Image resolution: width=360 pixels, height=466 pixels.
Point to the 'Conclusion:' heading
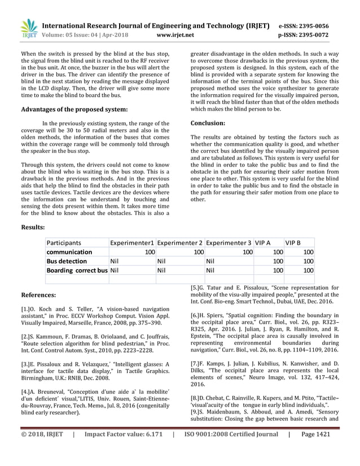coord(208,122)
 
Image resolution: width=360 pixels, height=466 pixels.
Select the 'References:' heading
coord(38,294)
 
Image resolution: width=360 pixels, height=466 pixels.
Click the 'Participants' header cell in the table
coord(64,243)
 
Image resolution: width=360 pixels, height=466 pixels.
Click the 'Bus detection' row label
coord(67,261)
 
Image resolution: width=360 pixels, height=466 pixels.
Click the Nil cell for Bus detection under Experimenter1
coord(115,261)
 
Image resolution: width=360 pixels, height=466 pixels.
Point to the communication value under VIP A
coord(278,252)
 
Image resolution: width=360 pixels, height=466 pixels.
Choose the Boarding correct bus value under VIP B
coord(308,271)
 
